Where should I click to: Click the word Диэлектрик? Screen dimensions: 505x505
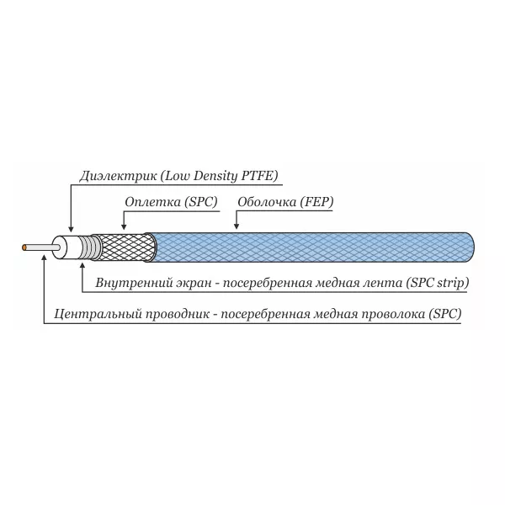[x=118, y=176]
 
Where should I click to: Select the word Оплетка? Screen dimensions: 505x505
[x=152, y=202]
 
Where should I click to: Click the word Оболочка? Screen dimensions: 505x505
[x=267, y=202]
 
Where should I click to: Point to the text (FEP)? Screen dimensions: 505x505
[x=316, y=202]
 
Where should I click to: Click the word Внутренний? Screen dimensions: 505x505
[x=135, y=283]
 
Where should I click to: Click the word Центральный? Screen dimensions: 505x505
[x=98, y=314]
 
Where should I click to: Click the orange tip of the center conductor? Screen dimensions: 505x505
[x=24, y=247]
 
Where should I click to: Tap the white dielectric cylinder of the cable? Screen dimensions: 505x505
[x=67, y=247]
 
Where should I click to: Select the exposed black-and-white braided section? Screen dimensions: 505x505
[x=125, y=247]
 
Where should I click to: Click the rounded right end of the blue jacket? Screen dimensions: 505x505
[x=472, y=247]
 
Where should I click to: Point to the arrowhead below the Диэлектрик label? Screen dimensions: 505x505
[x=72, y=228]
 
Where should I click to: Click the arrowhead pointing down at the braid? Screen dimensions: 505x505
[x=124, y=226]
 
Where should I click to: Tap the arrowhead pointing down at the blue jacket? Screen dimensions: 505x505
[x=237, y=226]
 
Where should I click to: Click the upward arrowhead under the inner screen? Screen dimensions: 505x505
[x=82, y=266]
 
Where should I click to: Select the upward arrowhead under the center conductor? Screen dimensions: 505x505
[x=45, y=257]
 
